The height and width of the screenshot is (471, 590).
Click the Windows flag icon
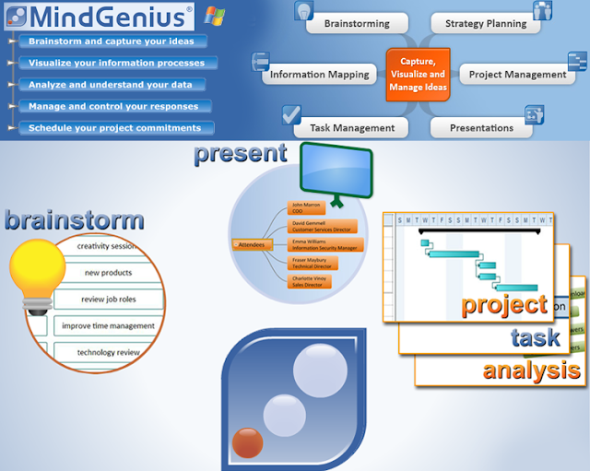[x=215, y=16]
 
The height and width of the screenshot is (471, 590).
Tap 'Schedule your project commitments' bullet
[x=115, y=128]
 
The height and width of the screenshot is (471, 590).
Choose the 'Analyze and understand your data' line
[x=111, y=85]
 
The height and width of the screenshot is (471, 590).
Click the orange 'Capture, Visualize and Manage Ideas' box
[x=418, y=75]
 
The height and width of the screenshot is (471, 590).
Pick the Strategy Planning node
[x=485, y=24]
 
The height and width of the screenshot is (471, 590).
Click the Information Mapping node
[x=319, y=75]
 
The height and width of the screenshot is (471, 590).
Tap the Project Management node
[x=517, y=75]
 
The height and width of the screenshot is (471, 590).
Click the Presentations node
[x=481, y=128]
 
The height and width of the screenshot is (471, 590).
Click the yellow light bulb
[x=37, y=277]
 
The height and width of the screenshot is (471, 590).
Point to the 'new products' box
[x=108, y=273]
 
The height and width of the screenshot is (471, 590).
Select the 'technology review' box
[x=108, y=352]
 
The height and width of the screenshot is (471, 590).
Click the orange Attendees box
[x=251, y=244]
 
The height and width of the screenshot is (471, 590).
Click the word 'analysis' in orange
[x=531, y=371]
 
